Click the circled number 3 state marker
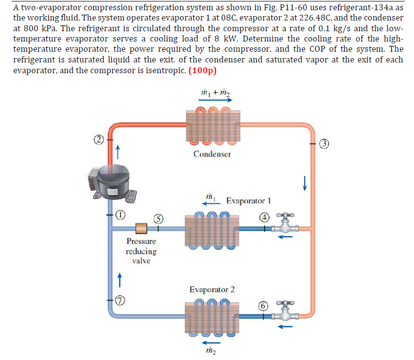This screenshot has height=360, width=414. [323, 143]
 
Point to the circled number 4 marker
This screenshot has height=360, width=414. [264, 218]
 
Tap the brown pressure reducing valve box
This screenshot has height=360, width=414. [141, 228]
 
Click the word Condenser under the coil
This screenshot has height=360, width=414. [212, 154]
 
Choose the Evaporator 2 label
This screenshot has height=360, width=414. [212, 289]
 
